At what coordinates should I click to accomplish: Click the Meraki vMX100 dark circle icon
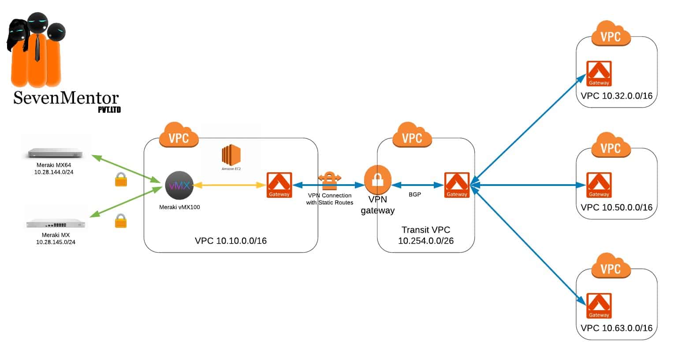179,185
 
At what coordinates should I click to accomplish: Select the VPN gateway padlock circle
377,179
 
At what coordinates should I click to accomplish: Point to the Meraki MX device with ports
56,223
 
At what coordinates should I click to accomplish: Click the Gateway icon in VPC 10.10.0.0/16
279,185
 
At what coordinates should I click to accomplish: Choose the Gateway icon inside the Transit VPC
457,185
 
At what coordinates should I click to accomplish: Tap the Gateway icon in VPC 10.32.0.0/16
599,74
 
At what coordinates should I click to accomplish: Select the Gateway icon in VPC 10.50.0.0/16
599,185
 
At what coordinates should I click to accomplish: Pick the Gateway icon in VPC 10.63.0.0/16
599,305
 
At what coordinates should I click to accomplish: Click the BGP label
415,194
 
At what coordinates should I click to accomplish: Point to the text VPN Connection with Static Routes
330,199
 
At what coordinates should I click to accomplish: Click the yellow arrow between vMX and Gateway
229,185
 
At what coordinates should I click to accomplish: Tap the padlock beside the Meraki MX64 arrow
121,179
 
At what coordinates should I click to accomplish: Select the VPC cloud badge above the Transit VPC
412,135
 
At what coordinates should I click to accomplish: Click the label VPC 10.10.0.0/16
231,241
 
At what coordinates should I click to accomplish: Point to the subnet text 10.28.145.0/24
56,242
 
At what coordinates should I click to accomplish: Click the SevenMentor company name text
66,98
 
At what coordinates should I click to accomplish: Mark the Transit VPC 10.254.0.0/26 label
425,235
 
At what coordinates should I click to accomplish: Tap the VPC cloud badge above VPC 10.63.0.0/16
611,266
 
